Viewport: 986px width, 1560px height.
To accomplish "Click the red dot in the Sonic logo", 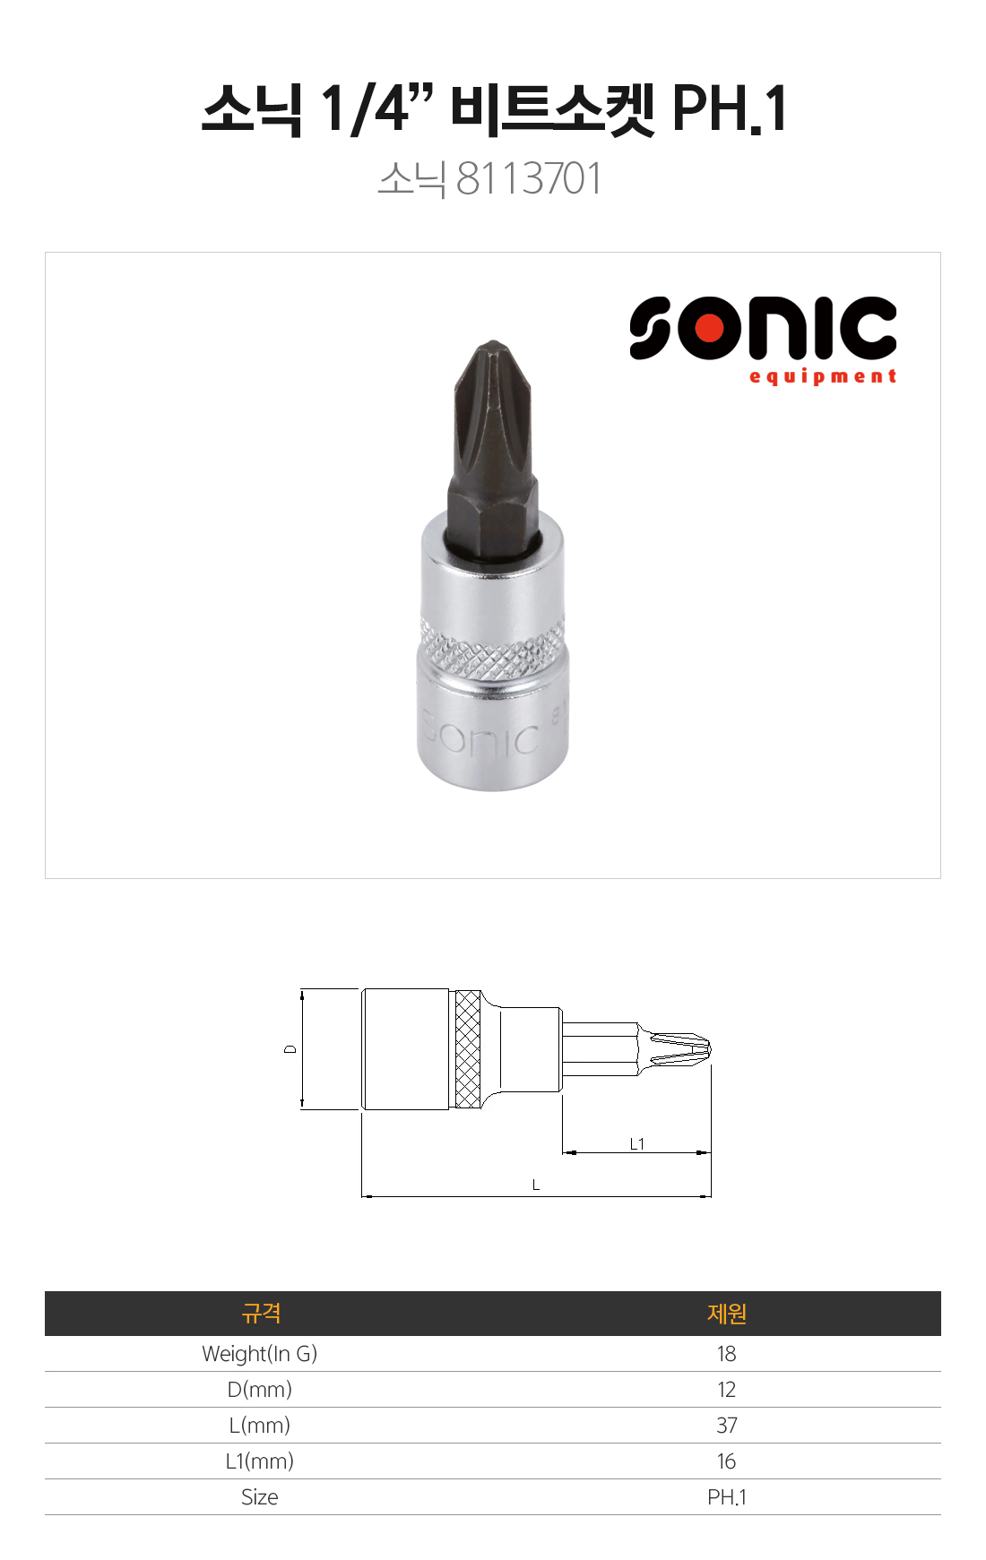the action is [710, 328].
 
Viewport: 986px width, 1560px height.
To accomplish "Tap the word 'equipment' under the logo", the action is [823, 376].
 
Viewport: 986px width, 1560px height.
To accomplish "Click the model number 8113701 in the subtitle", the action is [529, 178].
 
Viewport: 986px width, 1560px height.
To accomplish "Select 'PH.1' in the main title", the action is [729, 108].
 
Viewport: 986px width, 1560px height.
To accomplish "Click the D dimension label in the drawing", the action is [290, 1048].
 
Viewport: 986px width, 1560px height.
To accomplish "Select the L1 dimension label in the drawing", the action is [636, 1143].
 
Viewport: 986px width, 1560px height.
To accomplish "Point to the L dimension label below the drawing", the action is [536, 1185].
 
